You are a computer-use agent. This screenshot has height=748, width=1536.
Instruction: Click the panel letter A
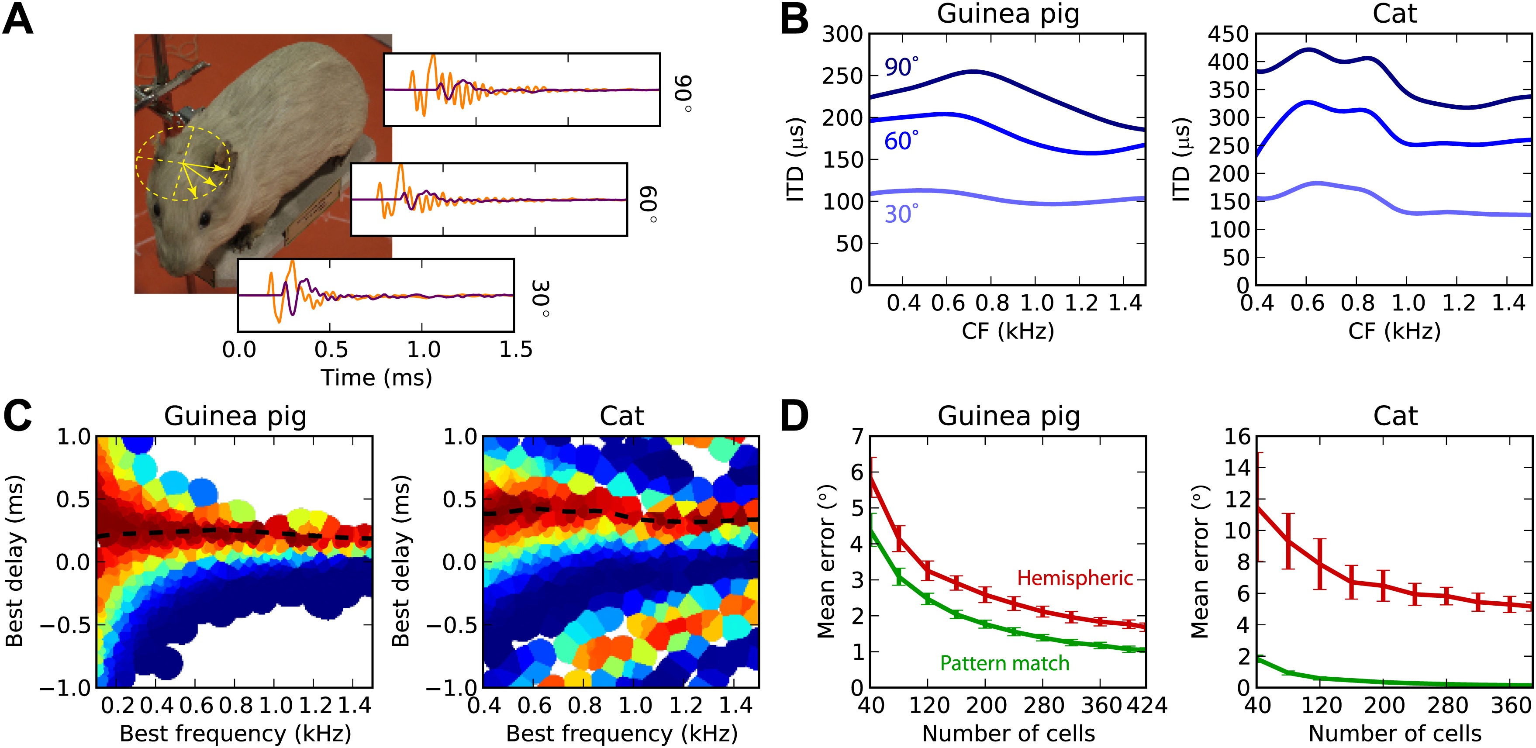click(x=18, y=21)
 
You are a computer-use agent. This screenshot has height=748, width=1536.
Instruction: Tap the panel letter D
click(x=794, y=416)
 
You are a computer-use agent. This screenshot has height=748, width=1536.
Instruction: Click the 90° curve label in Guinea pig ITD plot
click(x=901, y=67)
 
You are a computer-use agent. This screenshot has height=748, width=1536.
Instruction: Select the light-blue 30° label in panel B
click(x=901, y=214)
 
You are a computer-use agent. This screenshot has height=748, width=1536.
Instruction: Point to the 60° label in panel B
click(x=901, y=141)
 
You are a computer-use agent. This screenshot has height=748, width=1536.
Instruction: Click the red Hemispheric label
click(x=1074, y=578)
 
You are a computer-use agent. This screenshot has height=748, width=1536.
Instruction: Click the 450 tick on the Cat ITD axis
click(x=1228, y=34)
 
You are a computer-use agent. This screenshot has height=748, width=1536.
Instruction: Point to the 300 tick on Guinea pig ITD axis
click(x=842, y=34)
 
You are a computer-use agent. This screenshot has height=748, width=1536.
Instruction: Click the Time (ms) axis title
click(x=376, y=377)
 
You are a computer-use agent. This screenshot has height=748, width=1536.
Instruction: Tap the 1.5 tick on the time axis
click(x=515, y=349)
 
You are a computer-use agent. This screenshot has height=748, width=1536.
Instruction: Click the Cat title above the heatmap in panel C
click(x=621, y=416)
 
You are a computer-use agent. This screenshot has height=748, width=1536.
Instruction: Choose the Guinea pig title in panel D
click(x=1008, y=416)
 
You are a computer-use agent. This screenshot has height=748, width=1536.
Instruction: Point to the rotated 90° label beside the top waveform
click(x=682, y=93)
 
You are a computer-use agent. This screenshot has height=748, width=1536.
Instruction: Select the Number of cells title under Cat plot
click(x=1394, y=734)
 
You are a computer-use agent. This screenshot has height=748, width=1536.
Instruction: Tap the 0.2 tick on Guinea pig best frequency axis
click(x=117, y=706)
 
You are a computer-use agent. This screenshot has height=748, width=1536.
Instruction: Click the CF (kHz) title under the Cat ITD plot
click(x=1394, y=331)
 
